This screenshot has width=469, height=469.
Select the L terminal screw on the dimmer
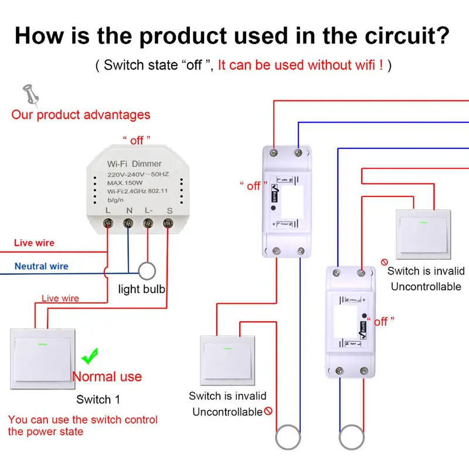tap(108, 223)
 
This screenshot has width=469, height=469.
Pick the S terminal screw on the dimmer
tap(169, 223)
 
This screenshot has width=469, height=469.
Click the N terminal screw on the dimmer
tap(128, 223)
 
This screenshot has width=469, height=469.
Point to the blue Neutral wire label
tap(42, 266)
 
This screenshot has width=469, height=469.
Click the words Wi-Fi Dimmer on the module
tap(134, 163)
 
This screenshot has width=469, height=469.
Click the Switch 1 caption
tap(98, 400)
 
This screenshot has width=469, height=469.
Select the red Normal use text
tap(107, 376)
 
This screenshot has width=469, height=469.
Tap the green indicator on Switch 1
tap(42, 344)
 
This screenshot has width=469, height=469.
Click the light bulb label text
tap(142, 289)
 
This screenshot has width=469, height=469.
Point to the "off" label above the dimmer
tap(137, 140)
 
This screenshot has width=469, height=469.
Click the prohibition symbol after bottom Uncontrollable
tap(269, 412)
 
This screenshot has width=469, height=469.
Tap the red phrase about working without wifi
tap(301, 65)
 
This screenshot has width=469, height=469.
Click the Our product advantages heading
tap(81, 115)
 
